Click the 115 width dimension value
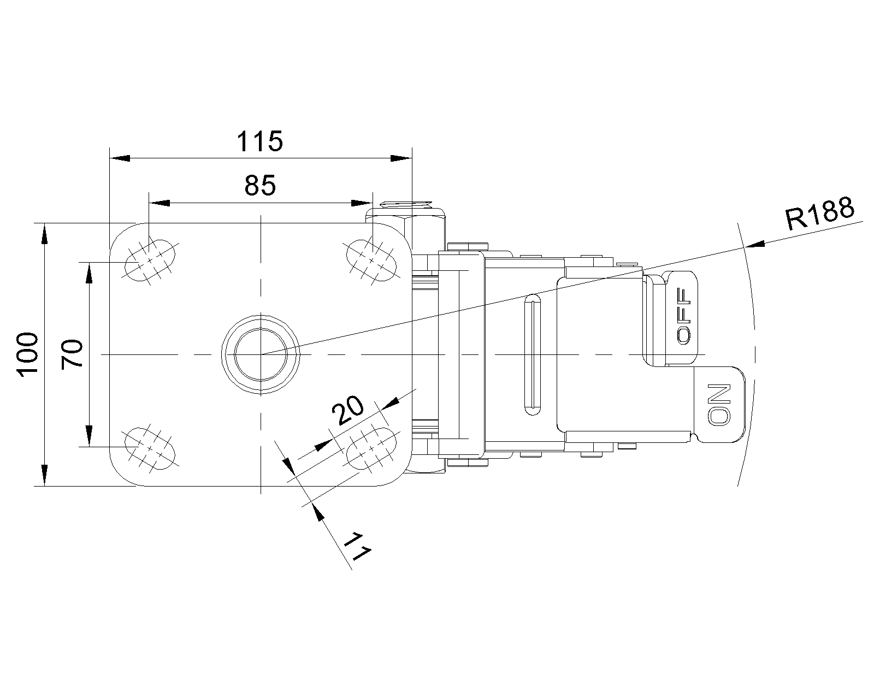259,141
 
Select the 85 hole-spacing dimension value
260,185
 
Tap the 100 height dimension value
28,354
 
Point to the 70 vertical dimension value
72,354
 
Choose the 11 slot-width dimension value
358,546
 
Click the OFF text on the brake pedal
683,316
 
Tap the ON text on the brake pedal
719,405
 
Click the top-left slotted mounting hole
150,260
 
